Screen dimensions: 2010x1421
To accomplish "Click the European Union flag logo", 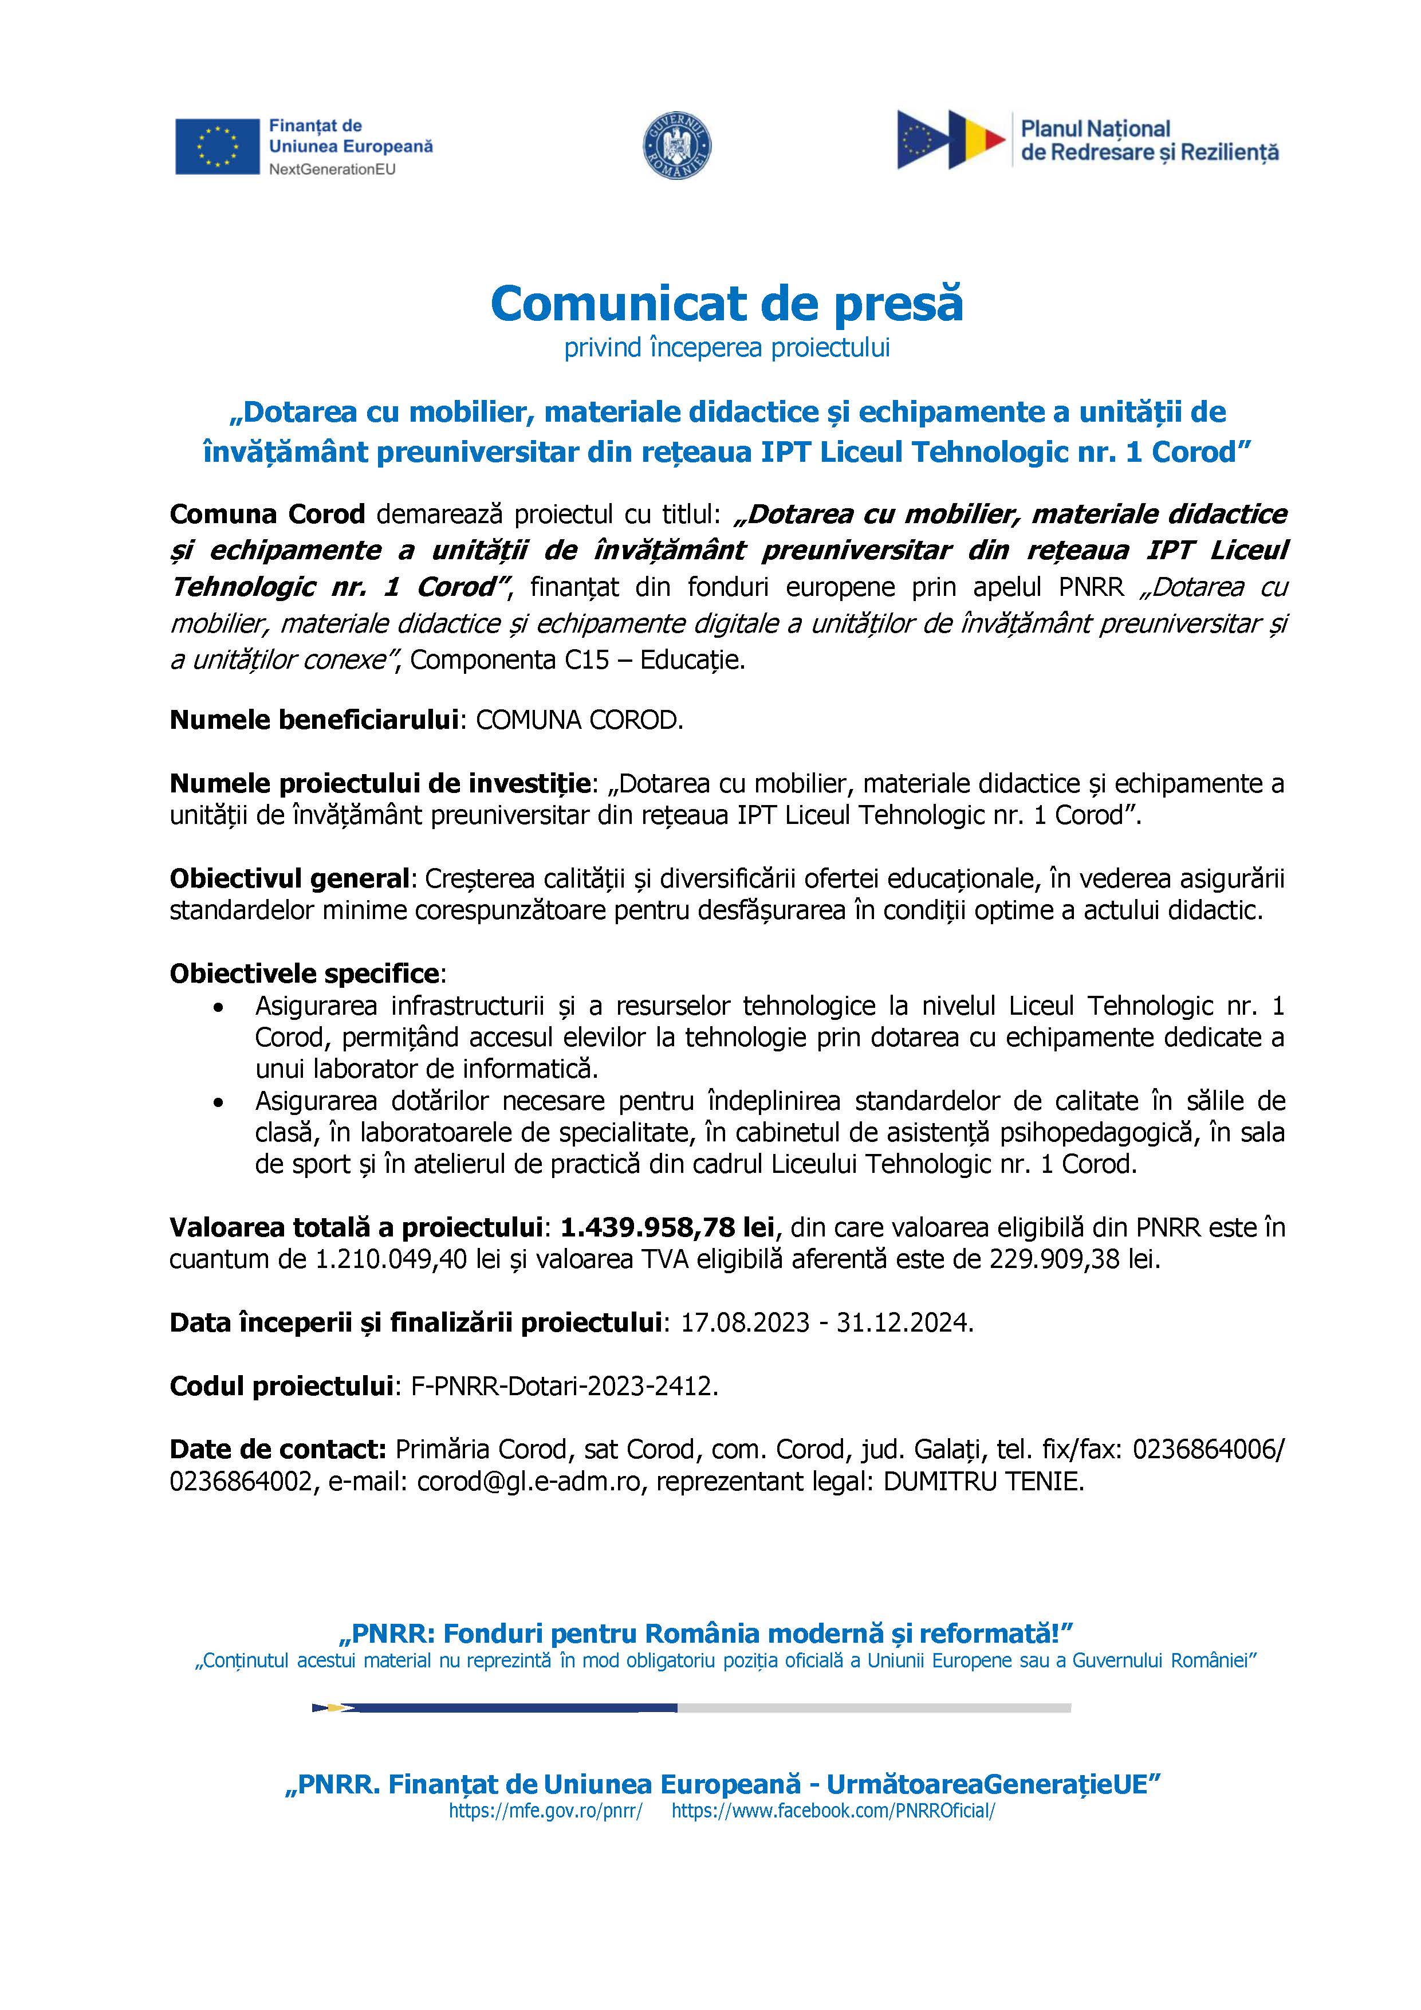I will [x=217, y=146].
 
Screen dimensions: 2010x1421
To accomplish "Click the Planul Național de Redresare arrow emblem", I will [x=950, y=140].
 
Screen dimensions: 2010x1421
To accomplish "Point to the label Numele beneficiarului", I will [x=314, y=720].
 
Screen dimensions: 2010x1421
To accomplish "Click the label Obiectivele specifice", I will [x=305, y=973].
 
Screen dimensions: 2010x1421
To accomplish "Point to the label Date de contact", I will [x=277, y=1450].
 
